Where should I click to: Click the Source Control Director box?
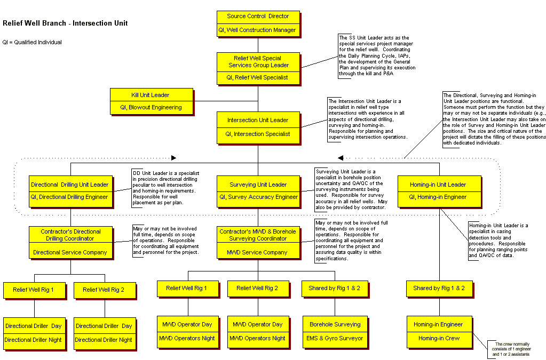pyautogui.click(x=258, y=17)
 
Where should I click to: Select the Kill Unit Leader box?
pyautogui.click(x=151, y=95)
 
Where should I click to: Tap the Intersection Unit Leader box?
pyautogui.click(x=258, y=120)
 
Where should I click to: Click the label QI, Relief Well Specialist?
pyautogui.click(x=258, y=77)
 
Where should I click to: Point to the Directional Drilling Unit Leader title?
pyautogui.click(x=70, y=185)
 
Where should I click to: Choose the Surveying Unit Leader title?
pyautogui.click(x=258, y=185)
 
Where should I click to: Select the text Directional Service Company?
pyautogui.click(x=70, y=252)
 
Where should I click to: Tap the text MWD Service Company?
pyautogui.click(x=258, y=252)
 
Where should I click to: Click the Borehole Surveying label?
pyautogui.click(x=335, y=324)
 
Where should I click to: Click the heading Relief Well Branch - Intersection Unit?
pyautogui.click(x=65, y=23)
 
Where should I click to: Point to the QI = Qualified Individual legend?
pyautogui.click(x=32, y=42)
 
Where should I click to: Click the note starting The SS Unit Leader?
pyautogui.click(x=377, y=56)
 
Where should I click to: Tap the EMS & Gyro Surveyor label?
pyautogui.click(x=335, y=338)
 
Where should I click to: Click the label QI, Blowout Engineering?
pyautogui.click(x=151, y=107)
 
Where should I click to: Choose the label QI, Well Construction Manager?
pyautogui.click(x=258, y=30)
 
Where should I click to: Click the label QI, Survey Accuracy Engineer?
pyautogui.click(x=258, y=197)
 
